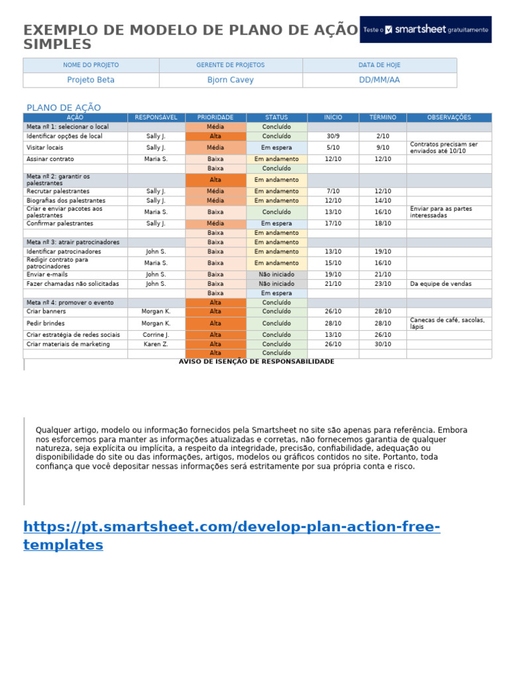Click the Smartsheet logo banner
425,30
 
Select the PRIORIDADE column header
215,117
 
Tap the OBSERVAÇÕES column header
449,117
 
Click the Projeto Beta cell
91,80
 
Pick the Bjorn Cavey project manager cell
230,80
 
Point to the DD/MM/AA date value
379,80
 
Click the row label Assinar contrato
50,159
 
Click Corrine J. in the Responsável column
156,335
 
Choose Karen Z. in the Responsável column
156,344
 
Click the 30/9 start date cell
333,136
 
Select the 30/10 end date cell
382,344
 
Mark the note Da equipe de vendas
441,284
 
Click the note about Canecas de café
447,324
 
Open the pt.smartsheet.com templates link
232,536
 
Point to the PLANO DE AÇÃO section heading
64,107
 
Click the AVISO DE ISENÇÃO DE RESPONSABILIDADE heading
256,361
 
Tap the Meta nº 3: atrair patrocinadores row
73,242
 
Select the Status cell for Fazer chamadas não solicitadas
276,284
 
